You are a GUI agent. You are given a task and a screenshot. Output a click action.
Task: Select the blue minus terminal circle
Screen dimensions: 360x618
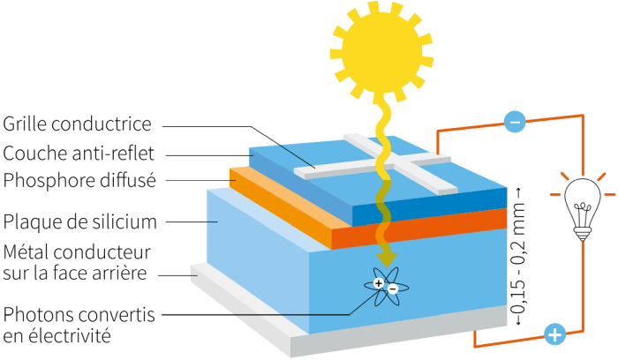coord(514,122)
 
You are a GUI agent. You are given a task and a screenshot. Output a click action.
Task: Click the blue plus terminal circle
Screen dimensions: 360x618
coord(554,334)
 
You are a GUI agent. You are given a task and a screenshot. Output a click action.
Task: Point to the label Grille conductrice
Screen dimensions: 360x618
coord(78,124)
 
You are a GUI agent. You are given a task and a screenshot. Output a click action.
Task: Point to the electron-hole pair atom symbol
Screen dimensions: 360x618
coord(385,287)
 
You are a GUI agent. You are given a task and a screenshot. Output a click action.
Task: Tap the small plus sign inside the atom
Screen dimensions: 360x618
coord(378,283)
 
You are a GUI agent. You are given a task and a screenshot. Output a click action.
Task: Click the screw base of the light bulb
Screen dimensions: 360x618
coord(582,232)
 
